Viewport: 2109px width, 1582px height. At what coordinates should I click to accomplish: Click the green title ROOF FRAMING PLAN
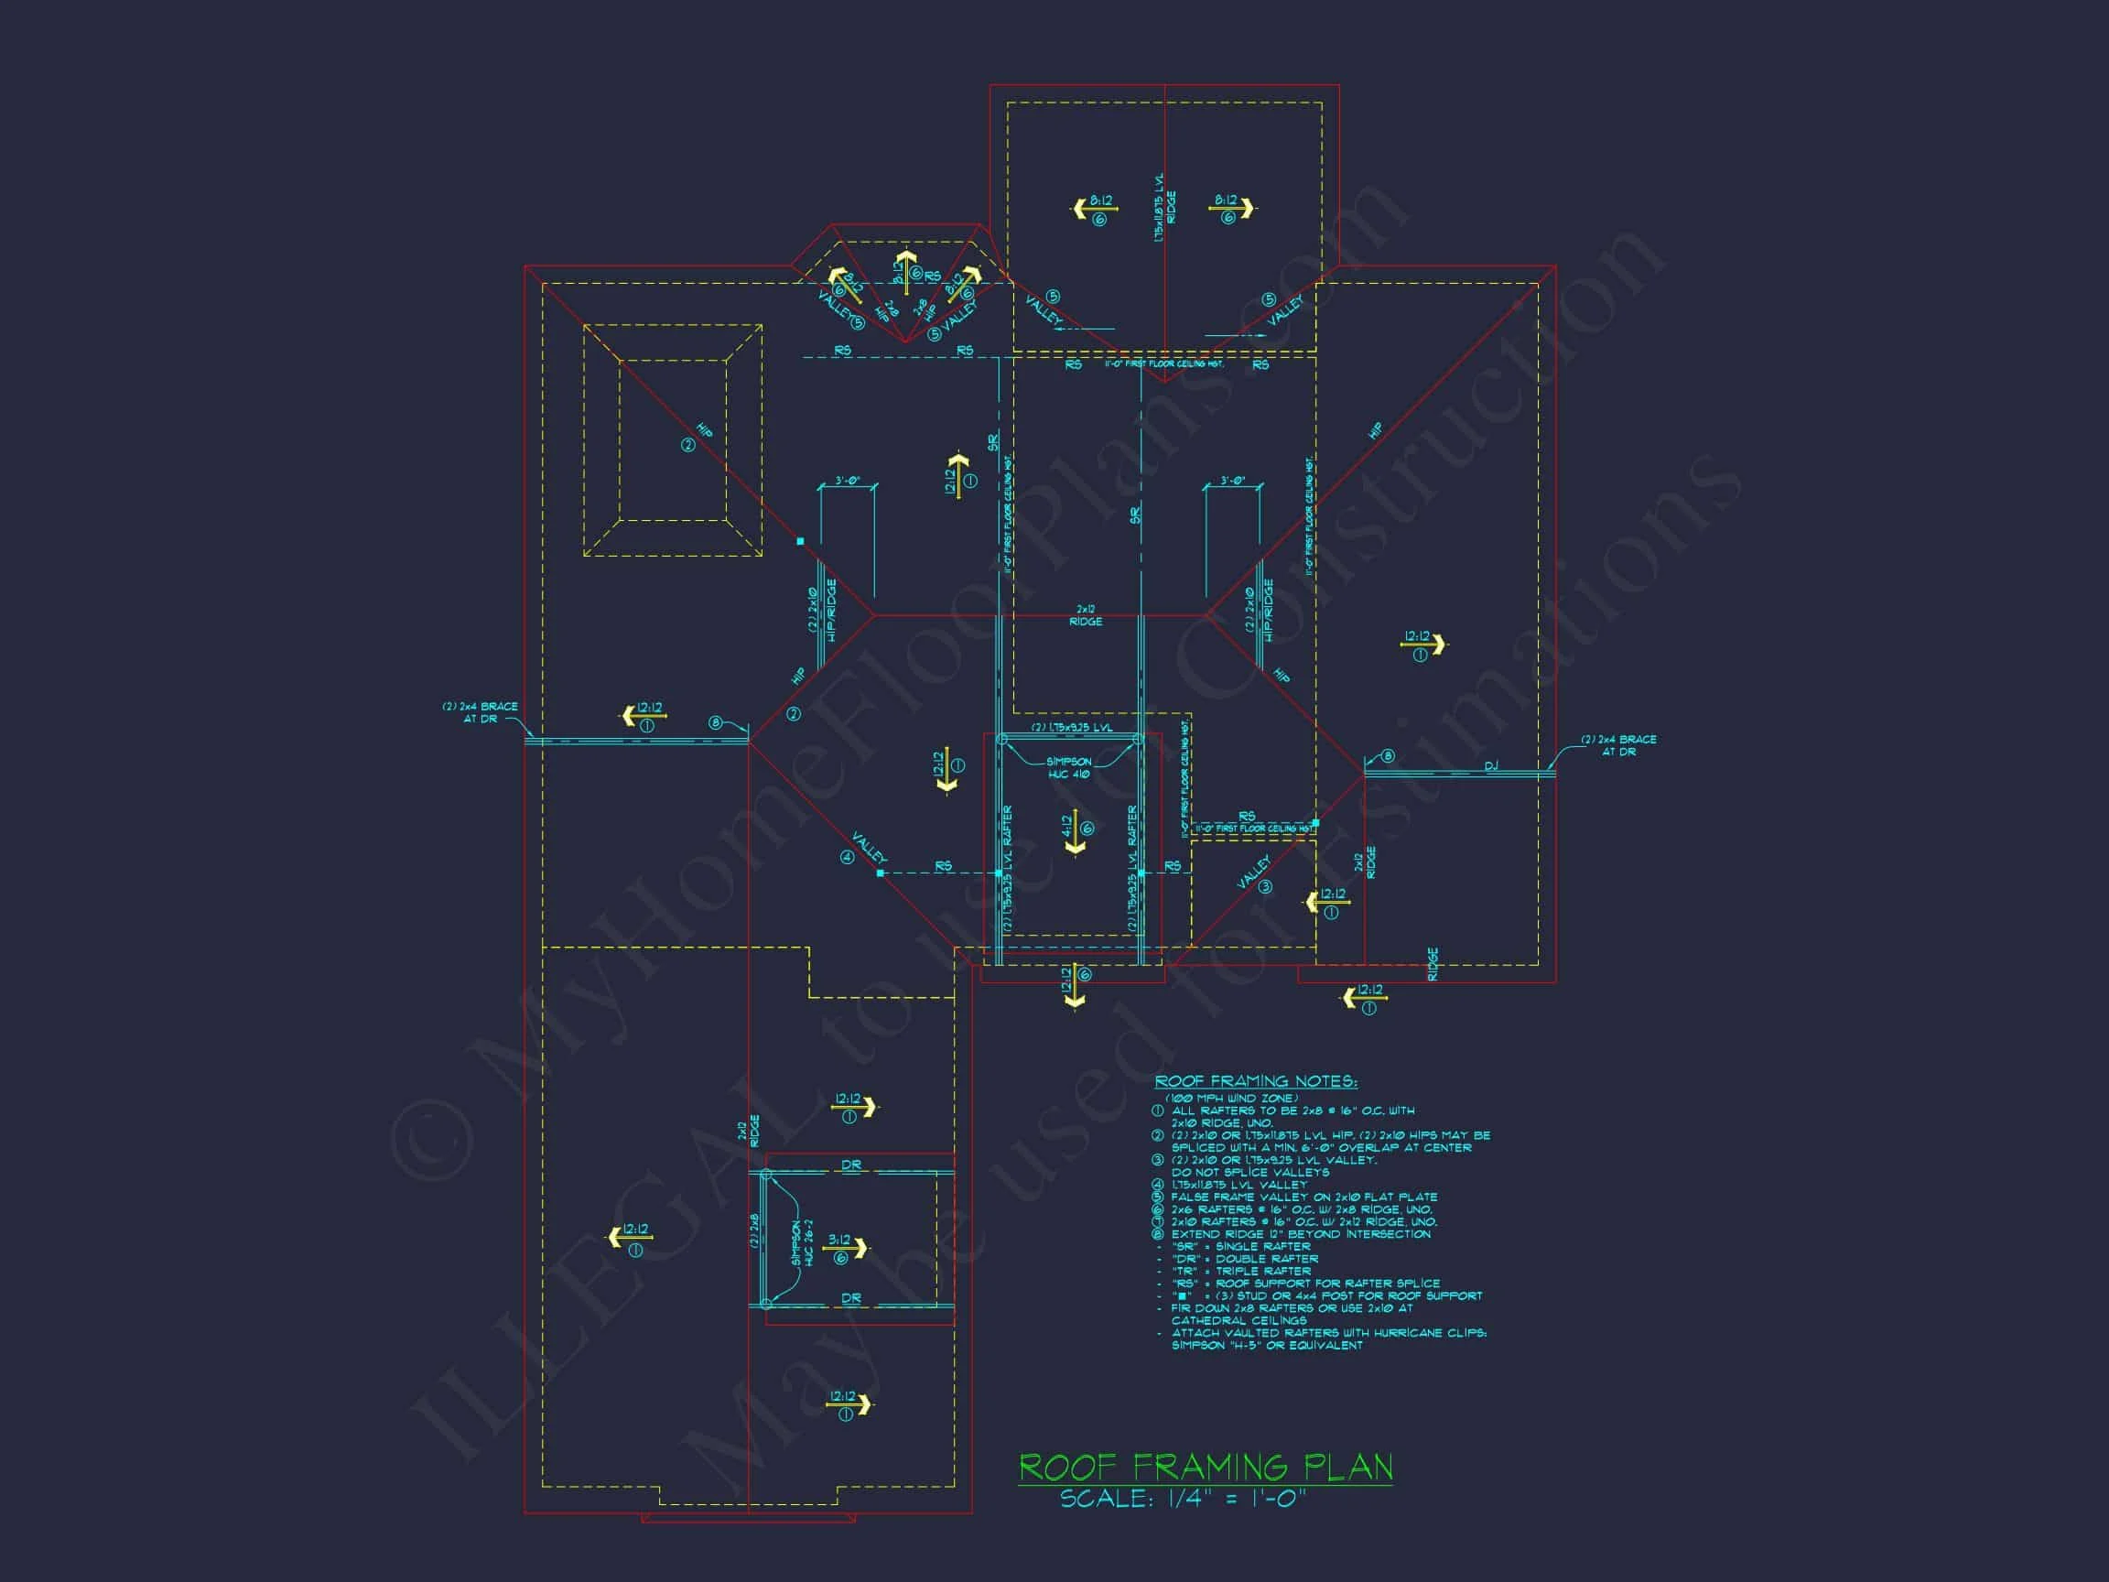coord(1206,1467)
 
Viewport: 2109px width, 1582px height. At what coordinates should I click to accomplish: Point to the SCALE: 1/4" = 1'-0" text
coord(1183,1498)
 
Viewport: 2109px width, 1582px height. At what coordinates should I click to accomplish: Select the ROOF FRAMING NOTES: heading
coord(1256,1081)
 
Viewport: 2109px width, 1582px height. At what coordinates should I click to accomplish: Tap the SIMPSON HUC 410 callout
coord(1069,767)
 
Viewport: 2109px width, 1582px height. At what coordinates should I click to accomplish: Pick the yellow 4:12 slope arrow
coord(1076,831)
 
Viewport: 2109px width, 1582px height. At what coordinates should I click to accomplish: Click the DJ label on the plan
coord(1490,766)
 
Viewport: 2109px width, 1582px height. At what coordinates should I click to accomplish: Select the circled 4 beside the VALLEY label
coord(847,857)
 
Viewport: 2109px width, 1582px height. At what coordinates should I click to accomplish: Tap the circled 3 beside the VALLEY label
coord(1266,887)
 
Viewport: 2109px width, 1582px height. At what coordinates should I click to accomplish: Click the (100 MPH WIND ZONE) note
coord(1231,1099)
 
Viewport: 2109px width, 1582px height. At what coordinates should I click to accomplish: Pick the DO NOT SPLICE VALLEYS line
coord(1249,1172)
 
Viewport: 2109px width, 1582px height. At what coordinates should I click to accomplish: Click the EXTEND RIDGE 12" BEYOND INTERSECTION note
coord(1301,1234)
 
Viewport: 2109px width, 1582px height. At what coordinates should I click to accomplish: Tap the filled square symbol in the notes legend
coord(1184,1296)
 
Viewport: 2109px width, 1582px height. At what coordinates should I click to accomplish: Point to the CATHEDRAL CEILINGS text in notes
coord(1231,1321)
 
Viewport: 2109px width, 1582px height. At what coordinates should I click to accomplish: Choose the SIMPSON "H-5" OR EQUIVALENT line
coord(1266,1346)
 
